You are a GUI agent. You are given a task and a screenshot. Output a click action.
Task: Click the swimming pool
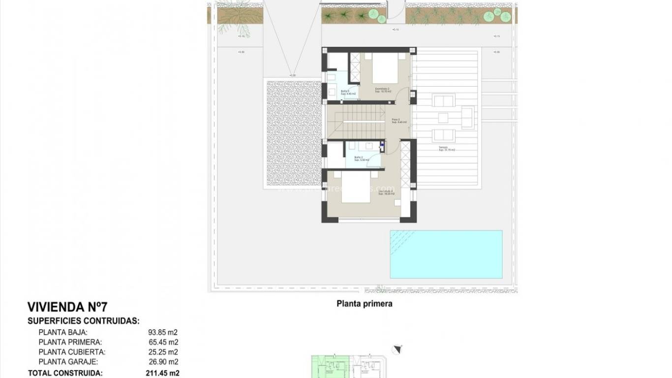(446, 254)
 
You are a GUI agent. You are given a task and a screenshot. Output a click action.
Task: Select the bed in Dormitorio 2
(387, 69)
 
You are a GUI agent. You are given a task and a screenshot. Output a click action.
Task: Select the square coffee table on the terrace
(443, 118)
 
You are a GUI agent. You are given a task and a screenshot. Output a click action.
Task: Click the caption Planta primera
(364, 304)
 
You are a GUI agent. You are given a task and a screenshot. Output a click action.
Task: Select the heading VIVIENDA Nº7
(67, 308)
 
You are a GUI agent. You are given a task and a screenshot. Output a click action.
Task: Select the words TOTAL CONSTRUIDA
(65, 373)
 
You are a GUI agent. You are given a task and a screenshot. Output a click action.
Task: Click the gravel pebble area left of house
(293, 133)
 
